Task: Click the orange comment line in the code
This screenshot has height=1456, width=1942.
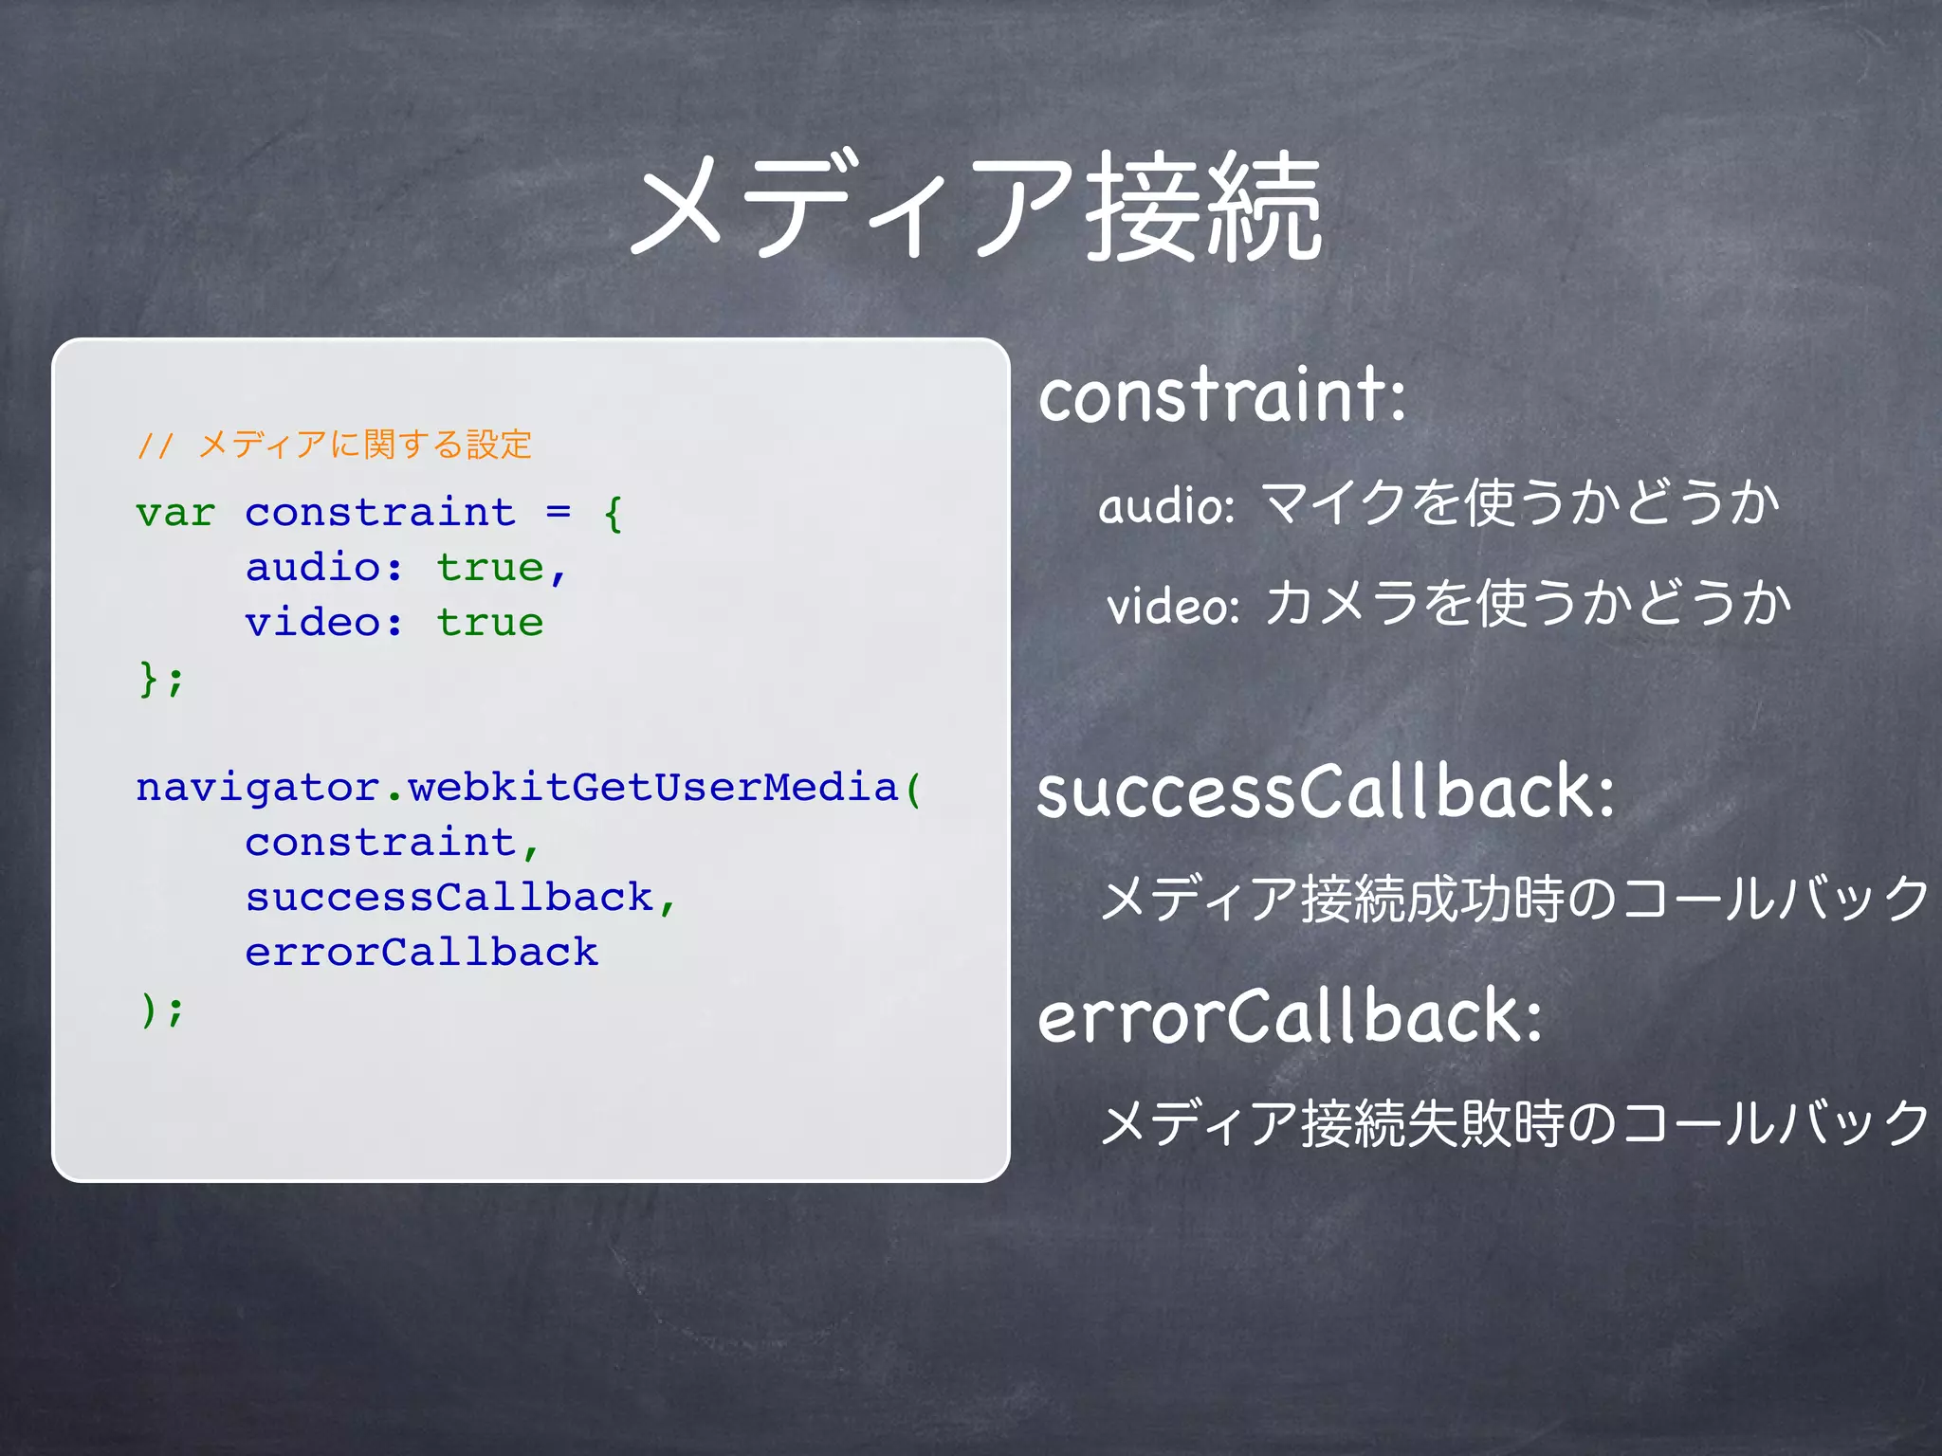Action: pos(334,445)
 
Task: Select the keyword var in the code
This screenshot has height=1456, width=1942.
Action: pos(175,513)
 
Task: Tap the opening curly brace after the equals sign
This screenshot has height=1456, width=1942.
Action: pos(613,513)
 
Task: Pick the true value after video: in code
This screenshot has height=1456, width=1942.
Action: pos(489,623)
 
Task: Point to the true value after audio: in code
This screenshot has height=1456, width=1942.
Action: pos(489,568)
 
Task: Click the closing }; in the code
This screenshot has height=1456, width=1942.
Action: pos(161,679)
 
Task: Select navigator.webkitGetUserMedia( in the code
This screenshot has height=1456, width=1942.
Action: pos(527,788)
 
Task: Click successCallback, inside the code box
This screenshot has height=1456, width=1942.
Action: pos(461,898)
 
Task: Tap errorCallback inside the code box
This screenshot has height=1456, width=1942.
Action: pos(421,953)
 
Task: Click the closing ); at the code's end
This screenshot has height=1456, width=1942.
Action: pos(161,1009)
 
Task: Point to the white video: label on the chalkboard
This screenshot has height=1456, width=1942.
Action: pos(1173,605)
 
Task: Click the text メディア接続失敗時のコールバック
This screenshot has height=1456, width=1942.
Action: pos(1514,1123)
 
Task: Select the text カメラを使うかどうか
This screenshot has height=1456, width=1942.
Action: pos(1528,603)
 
